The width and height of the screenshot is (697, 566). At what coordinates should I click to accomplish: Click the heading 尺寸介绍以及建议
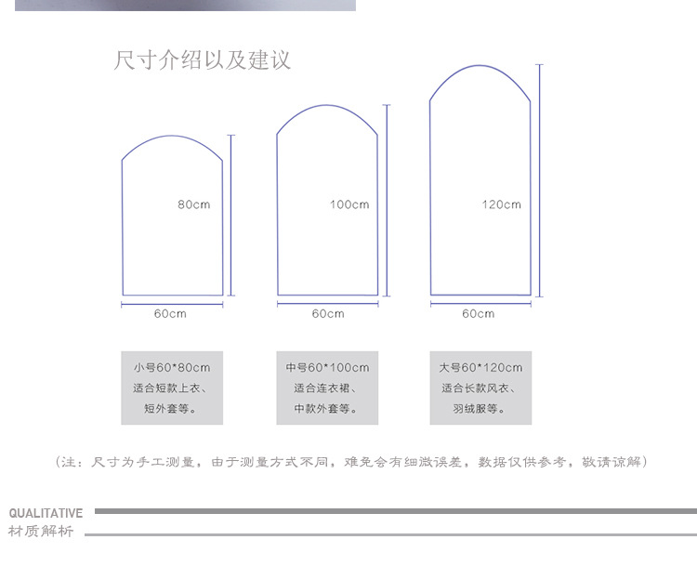point(202,61)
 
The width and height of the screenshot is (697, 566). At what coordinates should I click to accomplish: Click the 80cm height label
point(194,204)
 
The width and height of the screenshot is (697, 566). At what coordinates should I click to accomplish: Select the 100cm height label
point(349,204)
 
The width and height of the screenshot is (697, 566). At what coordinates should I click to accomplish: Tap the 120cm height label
point(502,204)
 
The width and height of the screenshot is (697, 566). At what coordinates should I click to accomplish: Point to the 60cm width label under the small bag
point(170,314)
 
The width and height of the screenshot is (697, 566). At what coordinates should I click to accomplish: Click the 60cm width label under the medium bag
point(327,314)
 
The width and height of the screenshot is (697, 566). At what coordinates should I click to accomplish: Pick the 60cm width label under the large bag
point(479,314)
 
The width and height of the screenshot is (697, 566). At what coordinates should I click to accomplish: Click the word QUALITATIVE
point(46,513)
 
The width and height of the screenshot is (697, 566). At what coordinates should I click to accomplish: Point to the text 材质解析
point(41,532)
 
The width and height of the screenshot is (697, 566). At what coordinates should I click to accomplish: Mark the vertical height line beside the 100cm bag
point(387,200)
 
